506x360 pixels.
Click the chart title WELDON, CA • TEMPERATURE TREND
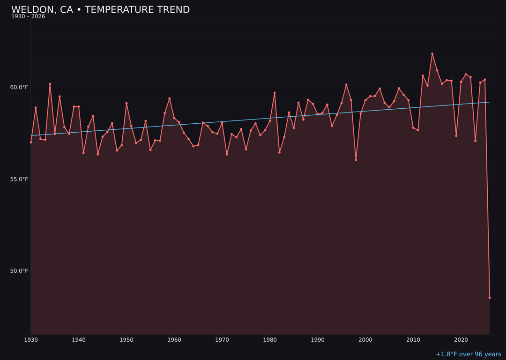(100, 10)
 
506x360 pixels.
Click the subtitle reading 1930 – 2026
(28, 17)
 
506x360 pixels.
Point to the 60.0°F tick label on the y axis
(19, 87)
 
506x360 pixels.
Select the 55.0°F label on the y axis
(19, 179)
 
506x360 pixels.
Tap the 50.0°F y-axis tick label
(19, 271)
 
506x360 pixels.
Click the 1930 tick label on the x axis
(31, 340)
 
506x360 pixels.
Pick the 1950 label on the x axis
(126, 340)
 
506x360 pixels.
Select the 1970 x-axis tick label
(222, 340)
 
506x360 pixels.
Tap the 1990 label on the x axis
(318, 340)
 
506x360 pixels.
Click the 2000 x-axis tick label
(365, 340)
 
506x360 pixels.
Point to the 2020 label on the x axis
(461, 340)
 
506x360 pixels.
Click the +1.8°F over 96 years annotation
(468, 354)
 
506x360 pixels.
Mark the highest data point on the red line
(432, 54)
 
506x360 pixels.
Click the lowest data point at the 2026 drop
(490, 298)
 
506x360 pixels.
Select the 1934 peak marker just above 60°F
(50, 84)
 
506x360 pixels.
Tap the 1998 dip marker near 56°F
(356, 160)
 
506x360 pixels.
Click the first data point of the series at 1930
(31, 142)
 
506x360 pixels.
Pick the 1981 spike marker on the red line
(275, 93)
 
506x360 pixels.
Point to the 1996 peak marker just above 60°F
(346, 85)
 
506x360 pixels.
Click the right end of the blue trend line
(490, 102)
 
